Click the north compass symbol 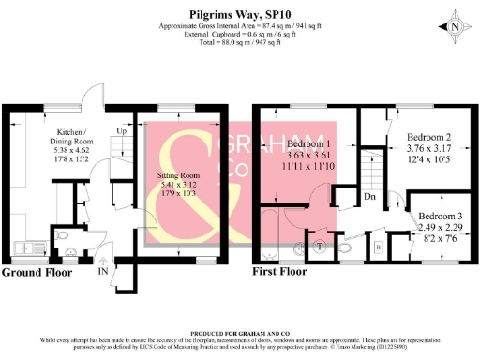click(x=454, y=27)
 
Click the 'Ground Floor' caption click(x=38, y=273)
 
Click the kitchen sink click(x=22, y=246)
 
